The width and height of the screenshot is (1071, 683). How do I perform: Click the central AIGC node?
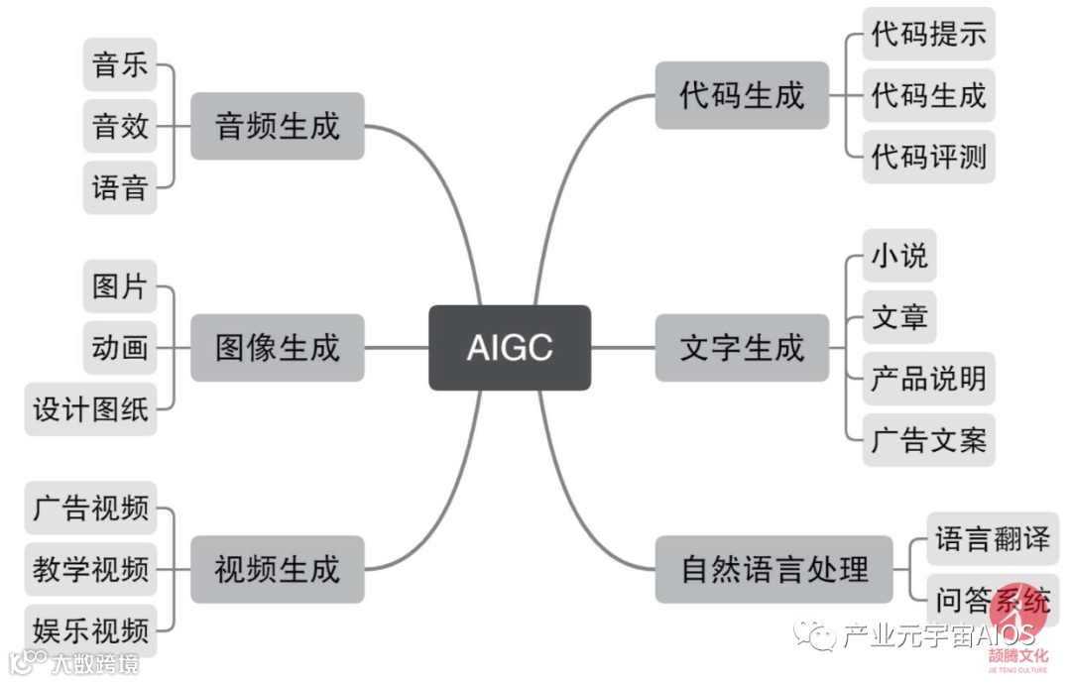pos(510,347)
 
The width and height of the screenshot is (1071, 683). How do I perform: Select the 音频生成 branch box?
pos(277,126)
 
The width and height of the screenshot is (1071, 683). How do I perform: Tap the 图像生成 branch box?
pos(277,347)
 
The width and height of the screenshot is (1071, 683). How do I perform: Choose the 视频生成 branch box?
pos(277,569)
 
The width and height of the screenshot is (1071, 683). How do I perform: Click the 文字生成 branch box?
pos(742,347)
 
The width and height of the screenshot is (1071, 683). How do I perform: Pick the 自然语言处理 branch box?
pos(774,569)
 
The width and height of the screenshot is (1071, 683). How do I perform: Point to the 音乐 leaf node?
pos(120,66)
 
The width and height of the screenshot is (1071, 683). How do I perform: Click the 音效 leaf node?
pos(120,126)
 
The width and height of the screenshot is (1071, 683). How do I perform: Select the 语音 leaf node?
pos(120,186)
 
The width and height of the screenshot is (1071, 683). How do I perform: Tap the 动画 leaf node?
pos(120,347)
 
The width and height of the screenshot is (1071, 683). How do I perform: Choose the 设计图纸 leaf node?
pos(91,408)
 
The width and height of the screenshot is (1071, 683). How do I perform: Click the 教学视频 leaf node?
pos(91,569)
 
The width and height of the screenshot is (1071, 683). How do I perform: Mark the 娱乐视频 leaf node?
pos(91,629)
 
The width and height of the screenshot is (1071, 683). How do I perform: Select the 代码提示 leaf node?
pos(928,35)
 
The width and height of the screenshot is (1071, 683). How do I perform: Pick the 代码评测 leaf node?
pos(928,157)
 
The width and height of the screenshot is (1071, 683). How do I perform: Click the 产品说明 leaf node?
pos(928,378)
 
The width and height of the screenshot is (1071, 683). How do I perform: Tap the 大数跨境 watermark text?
pos(96,662)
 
